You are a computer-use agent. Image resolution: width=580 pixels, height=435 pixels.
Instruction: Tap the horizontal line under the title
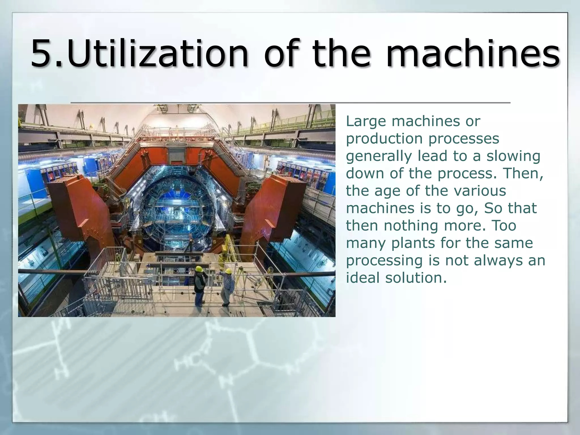290,102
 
